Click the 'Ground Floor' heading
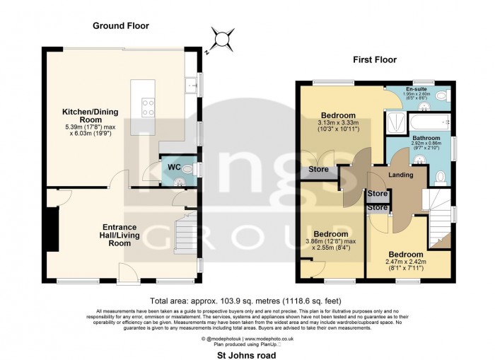(121, 26)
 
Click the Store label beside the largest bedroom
(317, 170)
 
